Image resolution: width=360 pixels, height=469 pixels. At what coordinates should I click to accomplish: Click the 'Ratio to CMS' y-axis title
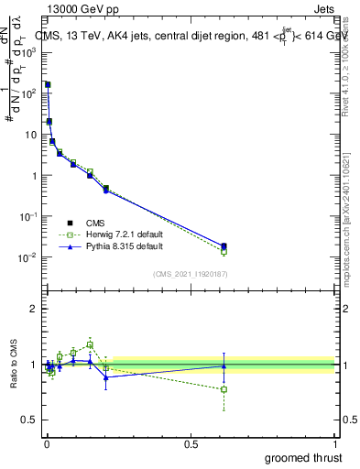point(15,365)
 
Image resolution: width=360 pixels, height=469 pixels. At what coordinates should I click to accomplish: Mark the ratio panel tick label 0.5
point(29,420)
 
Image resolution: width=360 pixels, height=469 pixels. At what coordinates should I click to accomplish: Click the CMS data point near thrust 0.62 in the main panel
point(224,245)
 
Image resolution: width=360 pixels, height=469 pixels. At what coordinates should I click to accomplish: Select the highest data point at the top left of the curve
point(48,84)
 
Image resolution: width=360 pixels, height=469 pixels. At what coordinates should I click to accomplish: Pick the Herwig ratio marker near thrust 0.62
point(224,389)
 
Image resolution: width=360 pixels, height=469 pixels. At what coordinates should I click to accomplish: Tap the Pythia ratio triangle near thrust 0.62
point(224,365)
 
